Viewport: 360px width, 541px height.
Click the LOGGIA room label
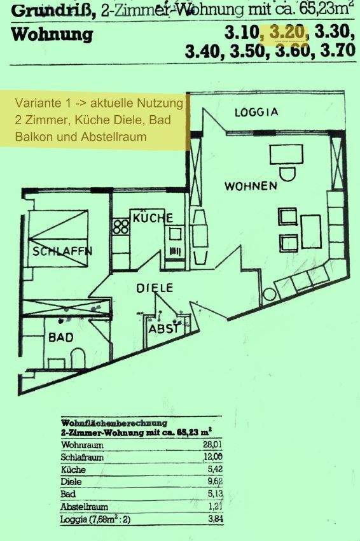256,112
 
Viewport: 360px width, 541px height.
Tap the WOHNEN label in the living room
251,186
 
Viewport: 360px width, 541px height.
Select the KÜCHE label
153,218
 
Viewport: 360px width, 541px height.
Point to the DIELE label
155,288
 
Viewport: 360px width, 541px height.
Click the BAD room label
60,337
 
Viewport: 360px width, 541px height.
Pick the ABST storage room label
164,329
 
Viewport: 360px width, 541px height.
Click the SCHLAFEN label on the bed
62,251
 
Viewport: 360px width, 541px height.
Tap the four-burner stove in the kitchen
121,227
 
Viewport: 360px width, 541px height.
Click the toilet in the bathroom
78,358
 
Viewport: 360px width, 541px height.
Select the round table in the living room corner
269,295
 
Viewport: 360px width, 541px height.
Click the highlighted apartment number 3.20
286,32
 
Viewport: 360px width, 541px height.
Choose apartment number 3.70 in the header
338,50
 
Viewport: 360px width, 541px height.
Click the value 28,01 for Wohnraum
212,444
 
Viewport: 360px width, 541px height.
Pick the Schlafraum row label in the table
82,457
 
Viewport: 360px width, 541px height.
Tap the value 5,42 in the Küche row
215,469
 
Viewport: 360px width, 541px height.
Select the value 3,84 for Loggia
215,519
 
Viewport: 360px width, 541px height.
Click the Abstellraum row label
84,507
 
